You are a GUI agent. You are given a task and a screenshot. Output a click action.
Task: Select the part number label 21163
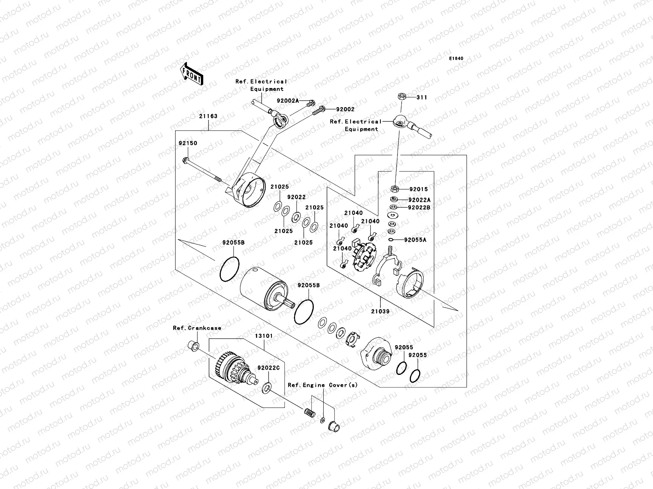(208, 116)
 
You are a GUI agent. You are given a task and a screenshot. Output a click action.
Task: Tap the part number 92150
(188, 143)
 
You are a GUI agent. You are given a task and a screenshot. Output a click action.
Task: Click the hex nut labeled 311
(401, 97)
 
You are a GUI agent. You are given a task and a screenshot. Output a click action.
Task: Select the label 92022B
(419, 207)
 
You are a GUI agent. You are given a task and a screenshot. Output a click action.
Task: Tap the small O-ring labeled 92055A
(391, 240)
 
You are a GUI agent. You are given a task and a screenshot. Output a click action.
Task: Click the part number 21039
(380, 311)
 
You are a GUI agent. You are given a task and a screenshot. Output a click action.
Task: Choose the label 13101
(264, 336)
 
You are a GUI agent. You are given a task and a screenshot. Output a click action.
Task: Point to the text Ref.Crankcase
(197, 328)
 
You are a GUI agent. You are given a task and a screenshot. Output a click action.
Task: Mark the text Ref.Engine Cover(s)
(323, 385)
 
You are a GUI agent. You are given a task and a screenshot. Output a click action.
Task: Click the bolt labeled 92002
(321, 110)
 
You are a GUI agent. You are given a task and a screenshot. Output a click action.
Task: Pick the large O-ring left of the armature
(229, 269)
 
